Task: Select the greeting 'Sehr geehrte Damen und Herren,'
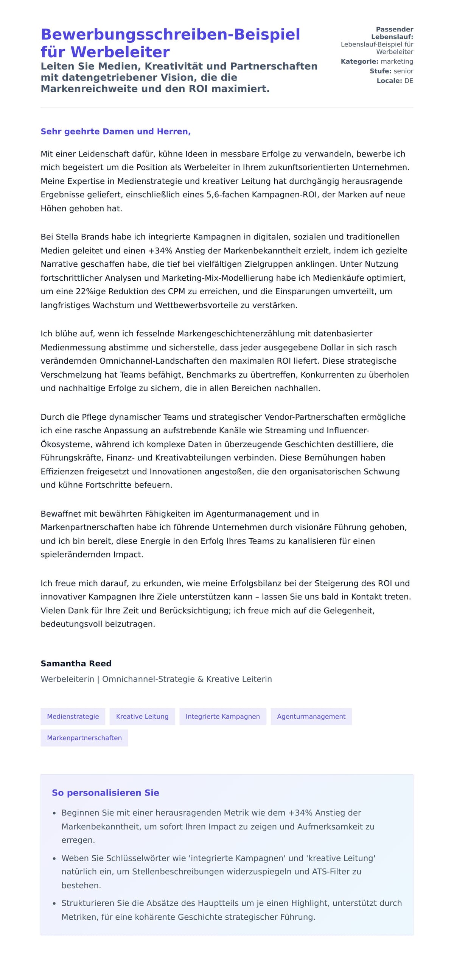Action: pos(115,131)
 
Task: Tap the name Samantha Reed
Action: pos(76,663)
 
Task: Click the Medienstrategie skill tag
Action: pos(73,716)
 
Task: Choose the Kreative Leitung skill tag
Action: pos(142,716)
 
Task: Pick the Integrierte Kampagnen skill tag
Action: pos(223,716)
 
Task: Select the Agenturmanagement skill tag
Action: pos(311,716)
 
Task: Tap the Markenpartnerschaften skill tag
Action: pos(84,738)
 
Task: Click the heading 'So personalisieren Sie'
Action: pos(106,792)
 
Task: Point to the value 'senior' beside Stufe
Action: pos(403,71)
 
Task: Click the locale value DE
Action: pos(409,81)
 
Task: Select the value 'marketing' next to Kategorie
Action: pos(397,61)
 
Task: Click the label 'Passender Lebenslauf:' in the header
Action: pos(393,33)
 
